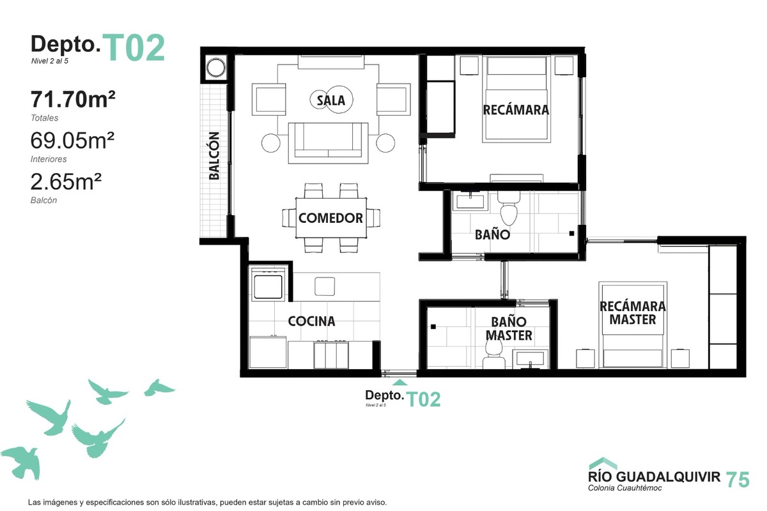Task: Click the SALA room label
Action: (x=331, y=100)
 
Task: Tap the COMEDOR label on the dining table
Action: (x=331, y=218)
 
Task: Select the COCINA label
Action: (x=312, y=321)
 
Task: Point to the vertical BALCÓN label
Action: (x=214, y=156)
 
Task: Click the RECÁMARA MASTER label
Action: (x=633, y=313)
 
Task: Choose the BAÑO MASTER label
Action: (x=509, y=328)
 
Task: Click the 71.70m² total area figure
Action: (x=73, y=99)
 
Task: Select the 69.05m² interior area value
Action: (x=72, y=141)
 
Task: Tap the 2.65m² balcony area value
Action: (x=66, y=181)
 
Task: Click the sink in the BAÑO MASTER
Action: (x=530, y=360)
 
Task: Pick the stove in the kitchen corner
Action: (x=268, y=285)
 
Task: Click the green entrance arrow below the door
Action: (x=399, y=383)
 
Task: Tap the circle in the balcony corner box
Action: (x=216, y=68)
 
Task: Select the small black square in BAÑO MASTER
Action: (x=433, y=327)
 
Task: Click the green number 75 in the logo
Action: (x=738, y=480)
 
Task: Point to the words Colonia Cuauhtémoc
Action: (x=625, y=488)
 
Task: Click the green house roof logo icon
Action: (x=603, y=464)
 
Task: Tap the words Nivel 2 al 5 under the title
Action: (x=50, y=61)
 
